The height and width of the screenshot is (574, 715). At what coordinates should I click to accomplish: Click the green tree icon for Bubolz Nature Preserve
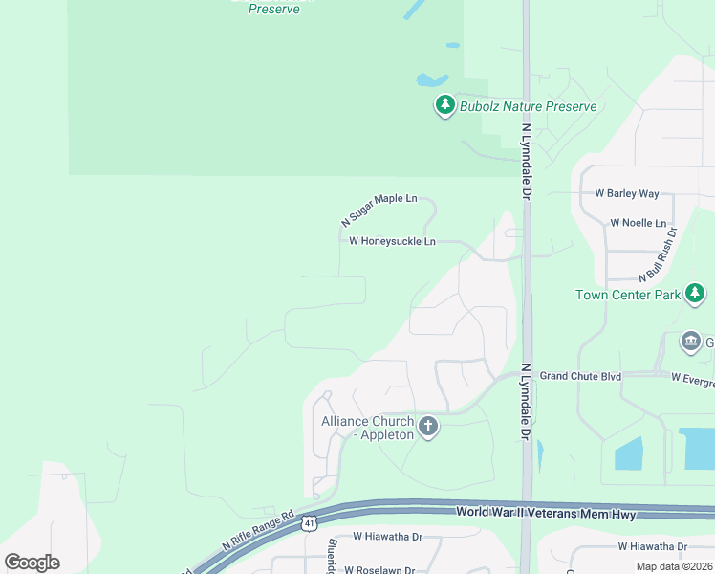click(444, 106)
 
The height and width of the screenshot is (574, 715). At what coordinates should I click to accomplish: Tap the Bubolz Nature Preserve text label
click(528, 106)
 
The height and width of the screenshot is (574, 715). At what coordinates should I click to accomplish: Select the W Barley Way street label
click(627, 193)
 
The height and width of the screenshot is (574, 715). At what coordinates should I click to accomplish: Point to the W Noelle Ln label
click(638, 223)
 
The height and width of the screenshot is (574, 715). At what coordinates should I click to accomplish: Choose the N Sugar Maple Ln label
click(379, 209)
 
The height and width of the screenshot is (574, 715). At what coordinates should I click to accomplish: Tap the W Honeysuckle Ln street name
click(392, 242)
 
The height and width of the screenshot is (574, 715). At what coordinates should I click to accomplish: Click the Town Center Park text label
click(628, 295)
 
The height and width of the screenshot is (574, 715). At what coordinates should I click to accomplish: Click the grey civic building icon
click(690, 342)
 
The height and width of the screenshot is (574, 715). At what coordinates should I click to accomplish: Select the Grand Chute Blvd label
click(580, 376)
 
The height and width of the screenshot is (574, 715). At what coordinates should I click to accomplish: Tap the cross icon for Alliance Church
click(428, 427)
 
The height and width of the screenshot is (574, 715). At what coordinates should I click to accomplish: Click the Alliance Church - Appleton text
click(368, 428)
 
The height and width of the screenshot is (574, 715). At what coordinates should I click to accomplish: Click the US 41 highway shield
click(309, 523)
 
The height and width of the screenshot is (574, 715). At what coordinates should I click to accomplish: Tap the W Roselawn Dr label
click(379, 570)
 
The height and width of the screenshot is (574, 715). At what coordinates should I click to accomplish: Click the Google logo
click(32, 563)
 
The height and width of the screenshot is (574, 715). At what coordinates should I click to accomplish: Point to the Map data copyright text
click(673, 566)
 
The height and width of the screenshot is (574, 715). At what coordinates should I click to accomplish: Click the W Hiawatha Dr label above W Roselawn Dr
click(387, 537)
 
